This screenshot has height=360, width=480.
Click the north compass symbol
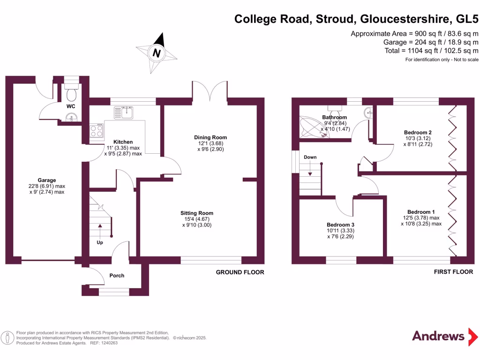[157, 53]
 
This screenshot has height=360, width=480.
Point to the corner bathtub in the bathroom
[314, 126]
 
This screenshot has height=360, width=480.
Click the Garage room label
[47, 180]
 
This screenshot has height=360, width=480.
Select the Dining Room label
[210, 137]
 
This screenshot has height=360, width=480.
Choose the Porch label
[117, 276]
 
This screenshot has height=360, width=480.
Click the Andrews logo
[438, 336]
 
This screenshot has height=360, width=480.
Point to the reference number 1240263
[108, 343]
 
